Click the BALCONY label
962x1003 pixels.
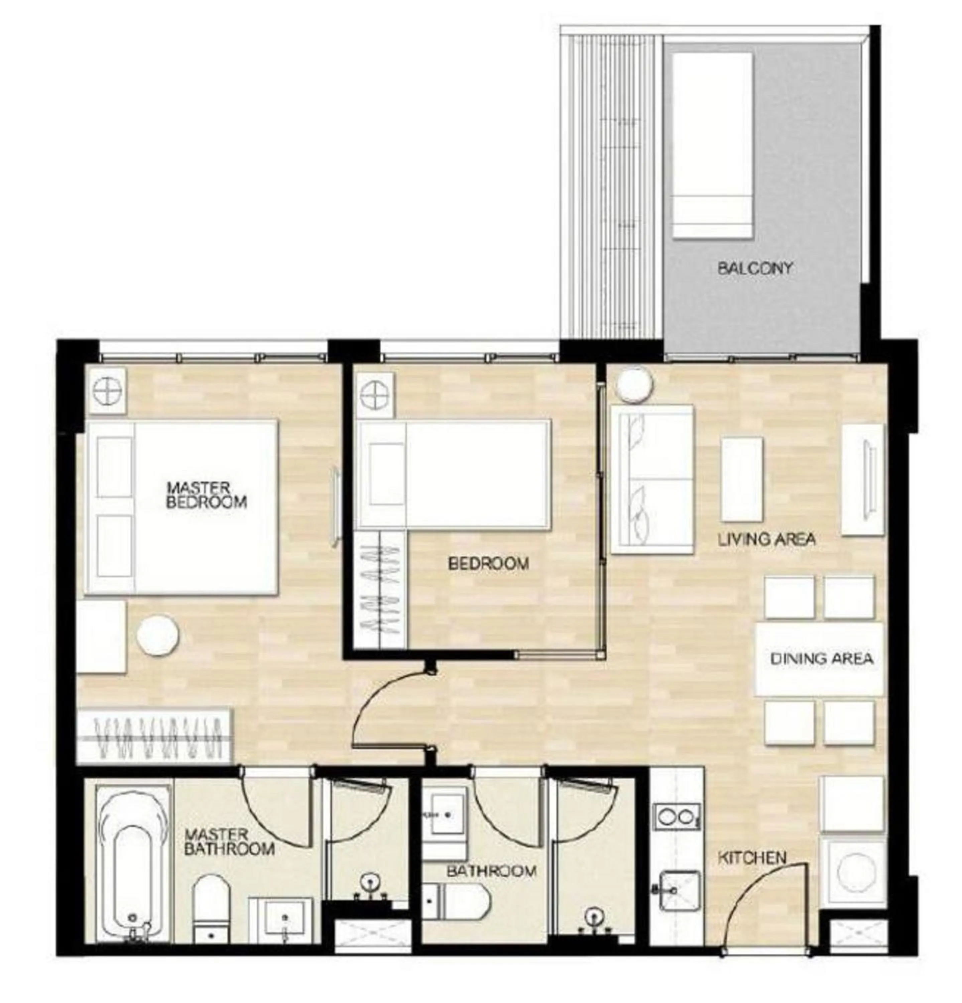click(754, 268)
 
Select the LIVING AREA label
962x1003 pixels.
click(766, 539)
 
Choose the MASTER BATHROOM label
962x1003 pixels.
click(229, 842)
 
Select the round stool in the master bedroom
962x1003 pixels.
click(158, 635)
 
